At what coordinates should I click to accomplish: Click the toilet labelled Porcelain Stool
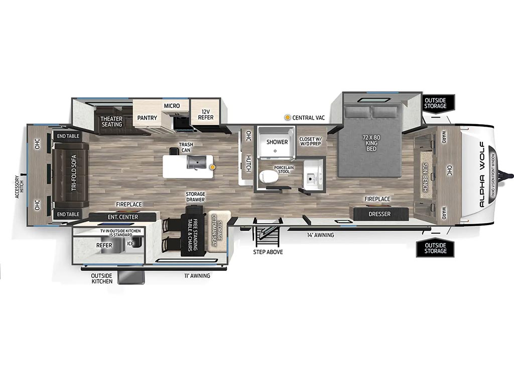(269, 176)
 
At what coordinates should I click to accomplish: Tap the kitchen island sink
(197, 162)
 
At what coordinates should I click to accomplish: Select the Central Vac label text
(309, 118)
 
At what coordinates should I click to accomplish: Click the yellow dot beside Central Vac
(288, 117)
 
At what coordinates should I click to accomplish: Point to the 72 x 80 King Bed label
(371, 143)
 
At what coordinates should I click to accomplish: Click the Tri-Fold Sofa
(71, 175)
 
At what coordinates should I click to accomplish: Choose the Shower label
(277, 142)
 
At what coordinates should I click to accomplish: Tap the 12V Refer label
(205, 114)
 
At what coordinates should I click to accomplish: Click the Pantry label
(147, 118)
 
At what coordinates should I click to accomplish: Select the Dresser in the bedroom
(379, 214)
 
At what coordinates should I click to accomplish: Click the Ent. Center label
(123, 217)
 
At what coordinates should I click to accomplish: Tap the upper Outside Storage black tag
(435, 103)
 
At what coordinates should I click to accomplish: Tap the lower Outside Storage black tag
(435, 248)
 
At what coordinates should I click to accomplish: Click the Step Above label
(268, 252)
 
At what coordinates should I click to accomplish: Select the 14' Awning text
(320, 235)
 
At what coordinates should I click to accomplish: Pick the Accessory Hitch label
(20, 187)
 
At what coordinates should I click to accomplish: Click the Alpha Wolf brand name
(482, 174)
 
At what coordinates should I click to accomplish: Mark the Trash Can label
(186, 147)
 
